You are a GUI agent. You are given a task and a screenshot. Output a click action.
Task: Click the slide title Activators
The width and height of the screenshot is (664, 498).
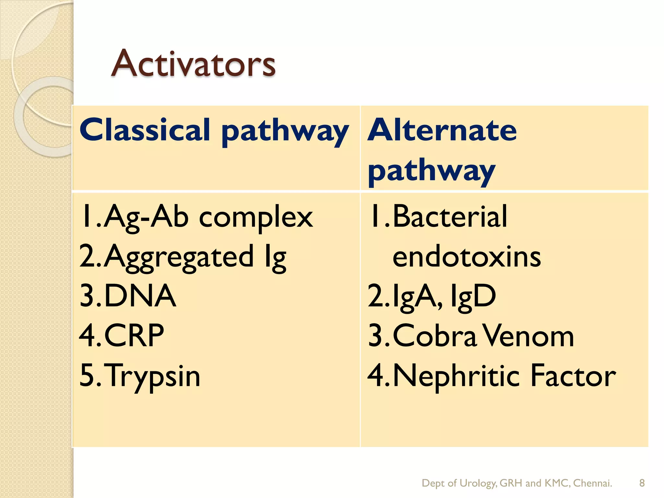pyautogui.click(x=194, y=64)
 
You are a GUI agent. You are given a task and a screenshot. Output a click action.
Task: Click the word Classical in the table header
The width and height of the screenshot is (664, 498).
pyautogui.click(x=145, y=130)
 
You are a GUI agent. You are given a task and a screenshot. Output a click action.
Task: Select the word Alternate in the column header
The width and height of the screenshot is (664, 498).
pyautogui.click(x=442, y=130)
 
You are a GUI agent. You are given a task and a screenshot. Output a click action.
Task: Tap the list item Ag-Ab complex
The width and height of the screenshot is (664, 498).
pyautogui.click(x=207, y=217)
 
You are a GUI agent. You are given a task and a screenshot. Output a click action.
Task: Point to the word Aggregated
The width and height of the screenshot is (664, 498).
pyautogui.click(x=178, y=257)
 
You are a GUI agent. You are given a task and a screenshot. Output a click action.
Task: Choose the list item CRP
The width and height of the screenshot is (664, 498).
pyautogui.click(x=134, y=336)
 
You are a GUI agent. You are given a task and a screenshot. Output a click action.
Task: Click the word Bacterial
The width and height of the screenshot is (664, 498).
pyautogui.click(x=450, y=217)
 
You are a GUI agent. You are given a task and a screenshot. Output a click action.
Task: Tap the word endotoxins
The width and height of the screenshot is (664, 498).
pyautogui.click(x=467, y=257)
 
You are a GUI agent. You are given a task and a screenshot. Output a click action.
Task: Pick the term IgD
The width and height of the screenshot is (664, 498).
pyautogui.click(x=473, y=296)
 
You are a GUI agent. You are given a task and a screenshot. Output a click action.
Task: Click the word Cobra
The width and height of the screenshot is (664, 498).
pyautogui.click(x=434, y=336)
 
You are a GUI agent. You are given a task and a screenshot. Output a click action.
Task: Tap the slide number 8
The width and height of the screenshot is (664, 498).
pyautogui.click(x=642, y=483)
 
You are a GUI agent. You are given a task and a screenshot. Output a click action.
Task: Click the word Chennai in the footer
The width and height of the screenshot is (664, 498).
pyautogui.click(x=592, y=483)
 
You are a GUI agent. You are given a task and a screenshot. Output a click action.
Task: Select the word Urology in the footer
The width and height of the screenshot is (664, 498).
pyautogui.click(x=478, y=483)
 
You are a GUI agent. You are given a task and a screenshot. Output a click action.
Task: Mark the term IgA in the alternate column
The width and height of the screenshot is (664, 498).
pyautogui.click(x=417, y=296)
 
